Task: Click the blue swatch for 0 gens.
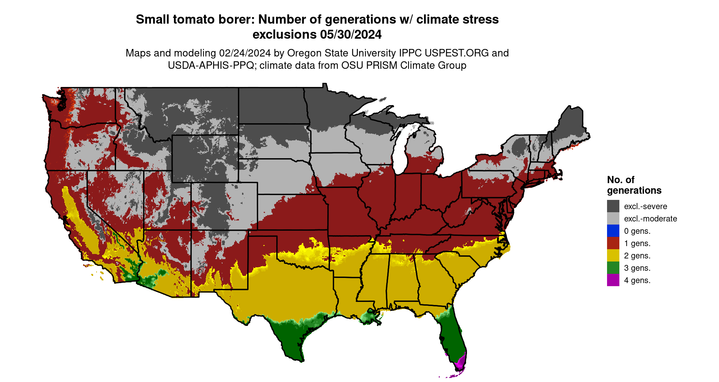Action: [x=613, y=231]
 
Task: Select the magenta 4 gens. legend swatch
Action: [x=613, y=280]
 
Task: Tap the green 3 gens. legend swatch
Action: [x=613, y=268]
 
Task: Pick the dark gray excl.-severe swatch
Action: [x=613, y=206]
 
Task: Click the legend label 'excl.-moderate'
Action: [x=650, y=219]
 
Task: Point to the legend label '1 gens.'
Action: [x=637, y=243]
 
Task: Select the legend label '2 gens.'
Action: [x=637, y=256]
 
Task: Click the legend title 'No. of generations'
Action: [x=634, y=185]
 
